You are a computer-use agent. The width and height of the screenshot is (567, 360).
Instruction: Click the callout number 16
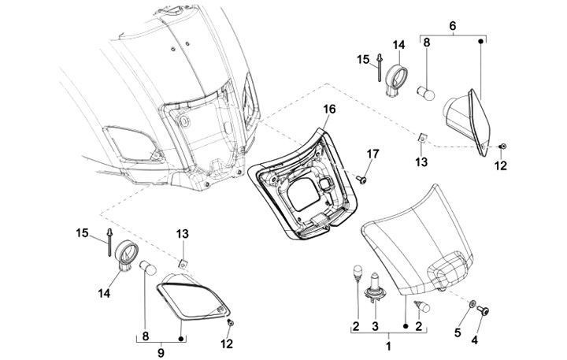click(329, 109)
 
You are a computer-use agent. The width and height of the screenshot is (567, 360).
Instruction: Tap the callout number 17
click(372, 154)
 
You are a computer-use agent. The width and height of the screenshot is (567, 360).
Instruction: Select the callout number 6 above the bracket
click(452, 26)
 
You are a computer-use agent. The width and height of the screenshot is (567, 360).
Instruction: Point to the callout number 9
click(161, 352)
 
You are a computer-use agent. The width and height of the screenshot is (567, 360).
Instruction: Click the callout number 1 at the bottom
click(389, 347)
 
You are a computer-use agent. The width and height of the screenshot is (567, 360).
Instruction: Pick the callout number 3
click(375, 326)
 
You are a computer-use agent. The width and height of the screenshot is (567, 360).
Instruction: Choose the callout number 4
click(474, 340)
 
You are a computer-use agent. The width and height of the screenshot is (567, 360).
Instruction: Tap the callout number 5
click(458, 332)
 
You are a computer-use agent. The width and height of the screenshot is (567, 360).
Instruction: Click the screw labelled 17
click(361, 179)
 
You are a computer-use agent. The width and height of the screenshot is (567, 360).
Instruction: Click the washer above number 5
click(472, 304)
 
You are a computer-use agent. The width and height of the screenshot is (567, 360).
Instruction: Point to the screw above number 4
click(484, 310)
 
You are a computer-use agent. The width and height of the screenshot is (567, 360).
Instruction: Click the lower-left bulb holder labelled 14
click(127, 256)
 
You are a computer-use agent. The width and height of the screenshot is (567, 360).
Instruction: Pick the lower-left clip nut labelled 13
click(183, 263)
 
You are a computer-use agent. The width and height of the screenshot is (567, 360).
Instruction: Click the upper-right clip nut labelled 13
click(422, 138)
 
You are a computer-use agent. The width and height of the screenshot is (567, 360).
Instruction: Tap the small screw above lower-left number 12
click(230, 322)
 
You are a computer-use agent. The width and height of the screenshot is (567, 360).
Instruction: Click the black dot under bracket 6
click(481, 42)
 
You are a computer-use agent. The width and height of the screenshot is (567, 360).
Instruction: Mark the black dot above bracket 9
click(180, 339)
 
